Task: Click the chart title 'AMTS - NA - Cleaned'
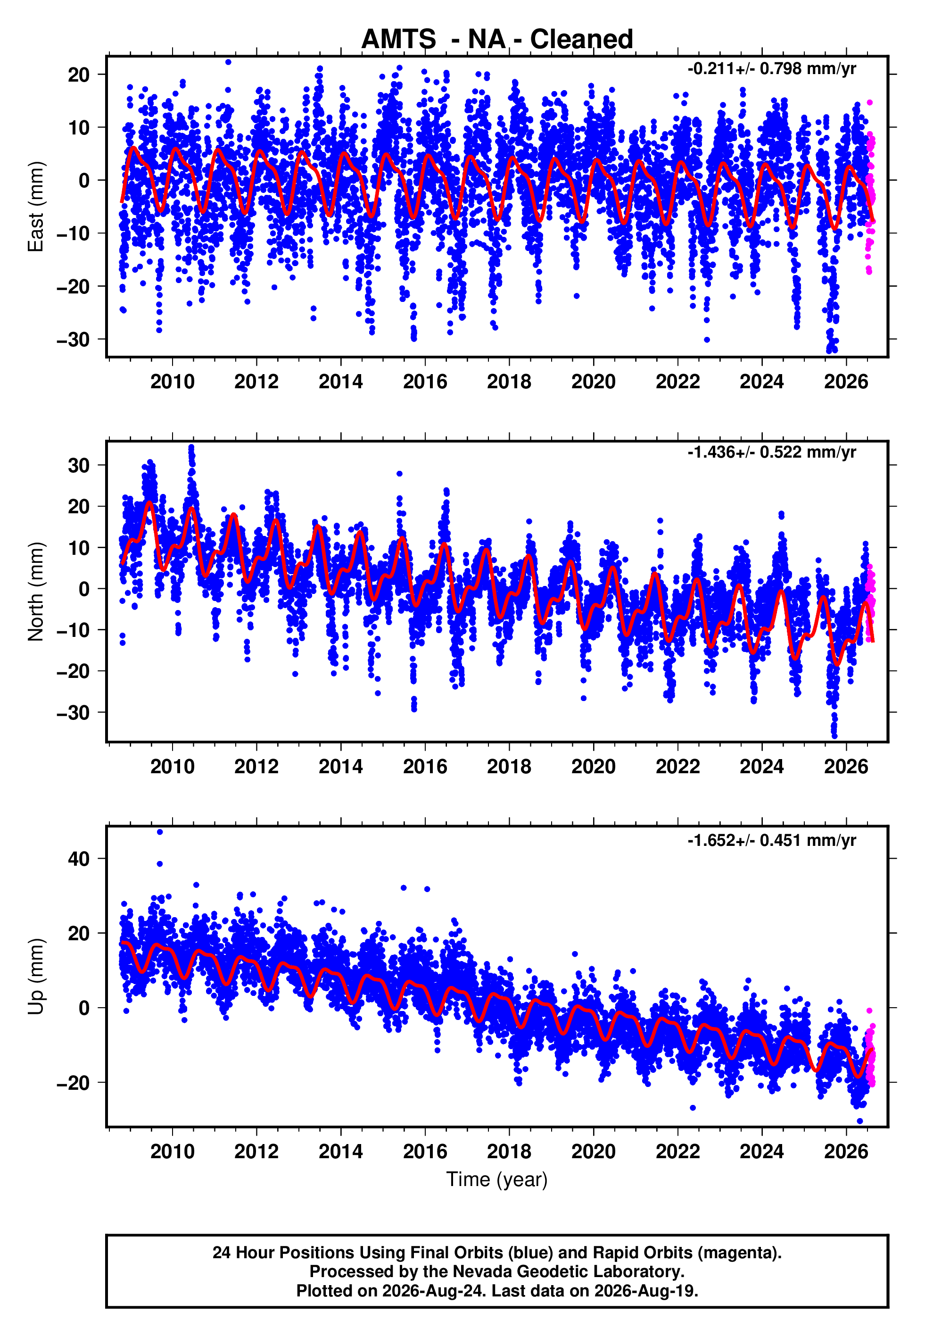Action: (x=497, y=40)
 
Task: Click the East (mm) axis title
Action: (x=36, y=207)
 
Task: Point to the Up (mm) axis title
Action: (x=36, y=977)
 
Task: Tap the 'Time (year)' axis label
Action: (x=497, y=1179)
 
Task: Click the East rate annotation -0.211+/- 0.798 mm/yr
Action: (x=771, y=69)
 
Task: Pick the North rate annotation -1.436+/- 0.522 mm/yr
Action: (x=771, y=452)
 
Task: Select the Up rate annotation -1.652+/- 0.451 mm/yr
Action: (x=771, y=840)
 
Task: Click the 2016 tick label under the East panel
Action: (x=425, y=382)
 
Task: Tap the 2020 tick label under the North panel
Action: (x=594, y=767)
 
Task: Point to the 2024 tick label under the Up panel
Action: (x=761, y=1151)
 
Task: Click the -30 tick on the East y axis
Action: (x=73, y=339)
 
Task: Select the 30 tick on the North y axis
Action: (x=79, y=465)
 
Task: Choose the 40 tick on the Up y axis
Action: (x=79, y=859)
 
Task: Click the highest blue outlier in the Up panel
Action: (x=160, y=832)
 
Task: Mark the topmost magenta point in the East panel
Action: (x=869, y=103)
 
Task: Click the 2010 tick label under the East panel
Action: (x=172, y=382)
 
